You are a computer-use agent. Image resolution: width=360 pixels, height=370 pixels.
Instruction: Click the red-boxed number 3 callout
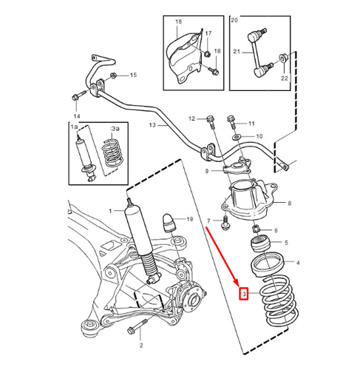pos(241,294)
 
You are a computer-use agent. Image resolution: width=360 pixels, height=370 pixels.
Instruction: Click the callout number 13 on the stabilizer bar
pos(153,127)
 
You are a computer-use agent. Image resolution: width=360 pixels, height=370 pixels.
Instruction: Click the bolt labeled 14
pos(76,96)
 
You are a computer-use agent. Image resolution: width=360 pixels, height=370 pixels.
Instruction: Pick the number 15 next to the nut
pos(133,75)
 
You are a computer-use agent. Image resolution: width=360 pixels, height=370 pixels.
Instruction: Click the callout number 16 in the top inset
pos(177,23)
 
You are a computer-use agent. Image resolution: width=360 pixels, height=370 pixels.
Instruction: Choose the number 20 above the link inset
pos(234,21)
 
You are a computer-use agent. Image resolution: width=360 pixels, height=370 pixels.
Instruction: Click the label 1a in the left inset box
pos(73,128)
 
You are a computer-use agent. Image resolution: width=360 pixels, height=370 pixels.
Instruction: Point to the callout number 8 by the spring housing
pos(289,203)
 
